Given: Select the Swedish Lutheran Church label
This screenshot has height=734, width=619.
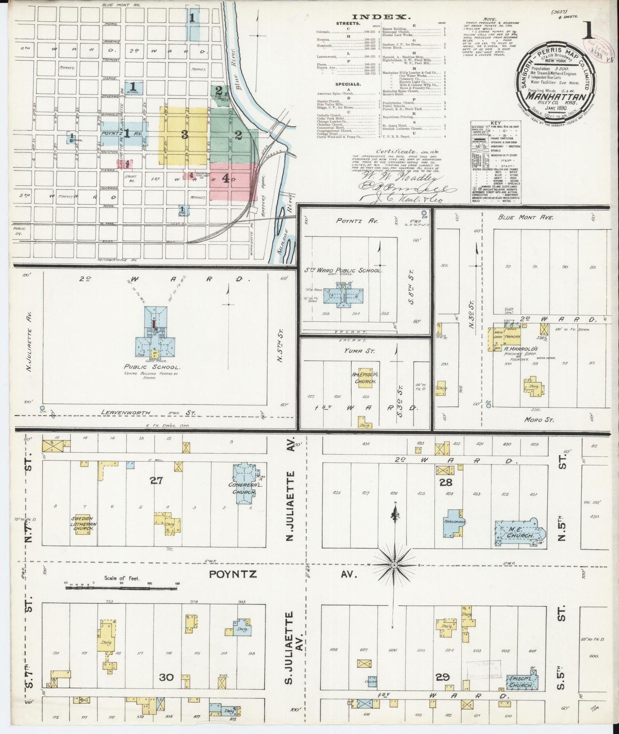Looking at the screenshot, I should [x=83, y=523].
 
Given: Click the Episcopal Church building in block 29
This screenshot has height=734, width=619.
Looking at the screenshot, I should [x=520, y=682].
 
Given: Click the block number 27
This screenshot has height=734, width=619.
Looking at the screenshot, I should [x=156, y=480].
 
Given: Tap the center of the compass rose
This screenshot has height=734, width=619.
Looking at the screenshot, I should [x=393, y=565].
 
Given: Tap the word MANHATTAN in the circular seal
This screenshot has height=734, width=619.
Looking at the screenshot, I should [x=555, y=96].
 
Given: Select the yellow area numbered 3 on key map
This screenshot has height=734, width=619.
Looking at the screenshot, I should [x=184, y=135].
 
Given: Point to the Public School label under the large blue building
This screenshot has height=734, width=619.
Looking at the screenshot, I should [x=152, y=367].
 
